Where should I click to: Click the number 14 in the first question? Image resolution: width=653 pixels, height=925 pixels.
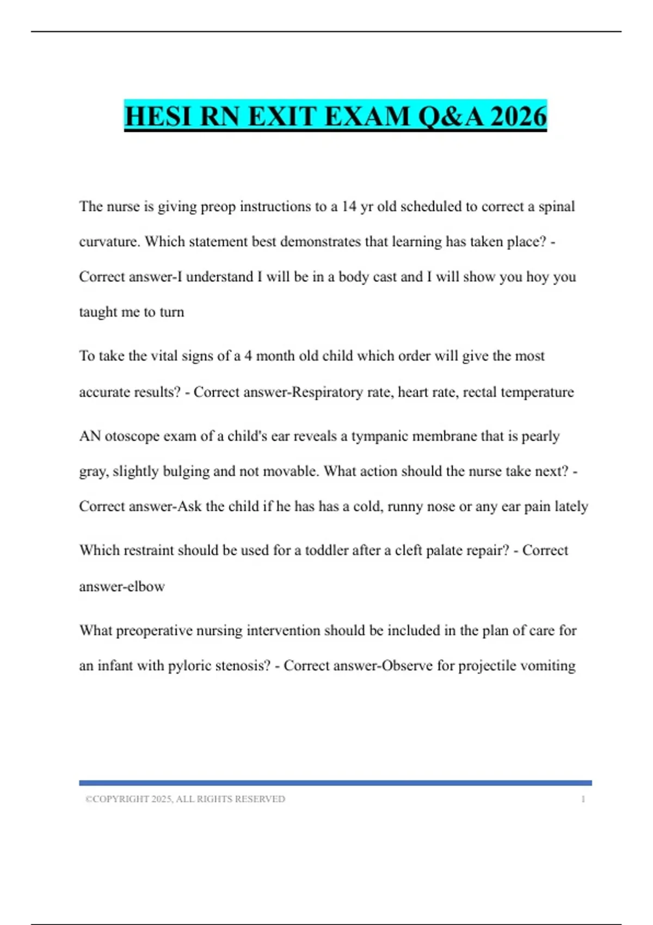point(349,207)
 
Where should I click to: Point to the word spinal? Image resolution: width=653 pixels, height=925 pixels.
point(557,207)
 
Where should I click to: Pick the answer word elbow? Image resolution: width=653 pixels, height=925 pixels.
point(147,587)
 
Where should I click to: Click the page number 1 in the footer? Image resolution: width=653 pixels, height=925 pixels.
point(583,799)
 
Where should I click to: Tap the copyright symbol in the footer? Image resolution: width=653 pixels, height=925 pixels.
point(88,799)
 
